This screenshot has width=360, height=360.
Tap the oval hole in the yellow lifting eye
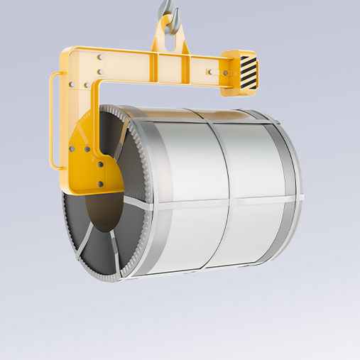click(168, 39)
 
